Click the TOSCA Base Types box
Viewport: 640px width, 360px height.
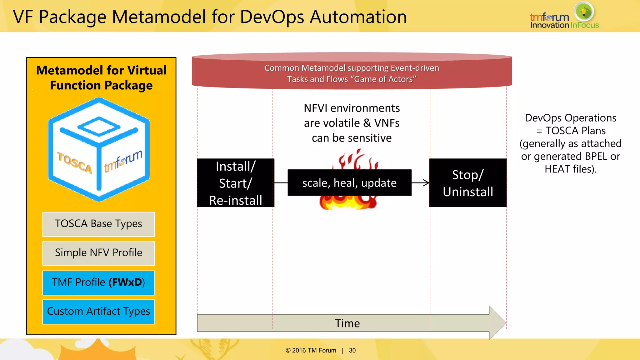click(x=98, y=224)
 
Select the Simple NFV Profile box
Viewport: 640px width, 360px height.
click(x=98, y=253)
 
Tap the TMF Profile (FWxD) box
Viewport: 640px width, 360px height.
click(x=98, y=282)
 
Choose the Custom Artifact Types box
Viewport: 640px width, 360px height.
click(x=98, y=312)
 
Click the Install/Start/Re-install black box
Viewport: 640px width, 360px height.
click(x=236, y=183)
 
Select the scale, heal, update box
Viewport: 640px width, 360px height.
click(x=349, y=183)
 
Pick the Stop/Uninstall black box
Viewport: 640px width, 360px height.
click(x=468, y=183)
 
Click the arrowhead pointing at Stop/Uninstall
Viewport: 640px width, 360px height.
click(x=426, y=183)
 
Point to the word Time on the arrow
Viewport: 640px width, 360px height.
click(x=347, y=323)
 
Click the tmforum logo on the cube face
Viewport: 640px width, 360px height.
click(x=123, y=161)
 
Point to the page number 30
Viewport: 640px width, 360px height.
click(x=352, y=351)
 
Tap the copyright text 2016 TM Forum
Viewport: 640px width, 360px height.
click(x=313, y=351)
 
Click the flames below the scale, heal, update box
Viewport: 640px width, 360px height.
click(x=348, y=203)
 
